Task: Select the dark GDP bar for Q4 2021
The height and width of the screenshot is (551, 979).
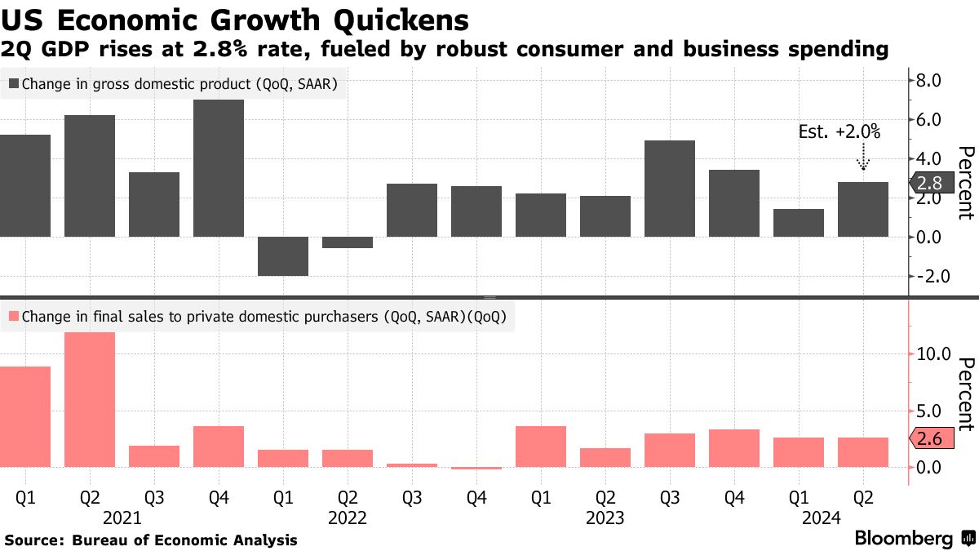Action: [x=219, y=168]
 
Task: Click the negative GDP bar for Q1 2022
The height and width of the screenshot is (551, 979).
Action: [x=283, y=256]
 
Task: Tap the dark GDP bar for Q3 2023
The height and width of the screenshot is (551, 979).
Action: [x=670, y=189]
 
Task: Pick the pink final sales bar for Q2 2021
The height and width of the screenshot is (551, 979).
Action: [x=90, y=400]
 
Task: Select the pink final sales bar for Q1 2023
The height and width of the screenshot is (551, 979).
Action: [x=541, y=447]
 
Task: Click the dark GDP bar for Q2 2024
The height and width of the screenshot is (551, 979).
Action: [x=863, y=209]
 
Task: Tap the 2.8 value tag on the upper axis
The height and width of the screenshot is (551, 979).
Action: [x=929, y=183]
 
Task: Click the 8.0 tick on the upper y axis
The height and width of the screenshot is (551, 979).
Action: [x=930, y=80]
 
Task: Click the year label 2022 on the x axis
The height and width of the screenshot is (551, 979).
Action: [x=348, y=518]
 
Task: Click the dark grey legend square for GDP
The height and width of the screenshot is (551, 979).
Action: [x=14, y=83]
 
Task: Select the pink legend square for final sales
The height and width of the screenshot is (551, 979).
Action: [x=14, y=317]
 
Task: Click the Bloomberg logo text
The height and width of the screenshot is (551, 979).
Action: [x=904, y=539]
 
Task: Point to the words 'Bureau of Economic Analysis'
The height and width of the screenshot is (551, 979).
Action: [x=184, y=540]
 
